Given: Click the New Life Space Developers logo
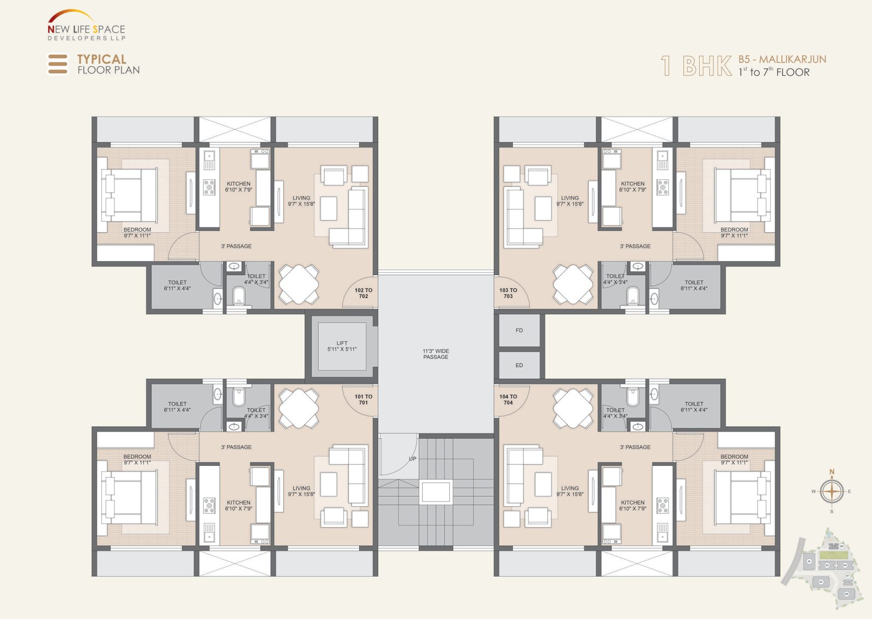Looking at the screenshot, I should coord(86,26).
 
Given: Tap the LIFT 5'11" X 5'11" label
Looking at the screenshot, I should coord(342,346).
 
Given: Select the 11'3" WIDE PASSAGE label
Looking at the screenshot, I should coord(435,354).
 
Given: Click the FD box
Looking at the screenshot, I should coord(519,330).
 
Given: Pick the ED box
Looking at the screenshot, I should coord(519,365).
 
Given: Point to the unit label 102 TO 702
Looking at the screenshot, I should coord(363,293).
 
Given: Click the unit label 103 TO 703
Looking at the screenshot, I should coord(508,293).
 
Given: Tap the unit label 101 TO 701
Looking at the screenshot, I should coord(363,399).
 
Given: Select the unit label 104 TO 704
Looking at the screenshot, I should coord(508,399).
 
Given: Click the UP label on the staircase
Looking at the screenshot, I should coord(413,459).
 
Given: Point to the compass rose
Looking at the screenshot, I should coord(832,491).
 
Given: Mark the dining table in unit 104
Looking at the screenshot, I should coord(573,407).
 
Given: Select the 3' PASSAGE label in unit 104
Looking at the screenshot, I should coord(635,447).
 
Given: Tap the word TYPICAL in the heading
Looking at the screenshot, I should coord(101,59).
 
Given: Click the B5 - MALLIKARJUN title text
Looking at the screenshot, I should coord(782,59).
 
